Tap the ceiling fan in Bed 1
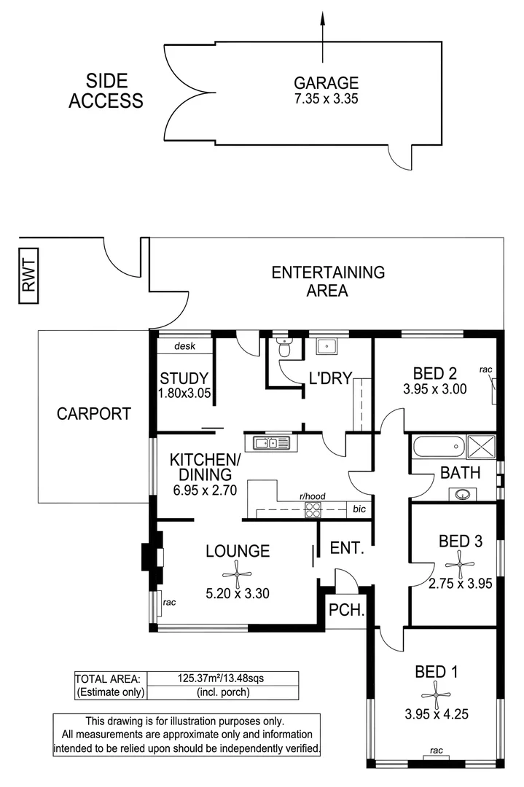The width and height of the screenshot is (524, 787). tap(436, 693)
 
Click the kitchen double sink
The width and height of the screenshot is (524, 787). tap(271, 442)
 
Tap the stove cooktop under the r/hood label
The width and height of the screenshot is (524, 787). tap(313, 510)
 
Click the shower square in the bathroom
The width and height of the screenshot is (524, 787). tap(481, 445)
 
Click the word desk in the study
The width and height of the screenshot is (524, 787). tap(184, 347)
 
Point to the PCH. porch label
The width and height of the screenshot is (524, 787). tap(346, 610)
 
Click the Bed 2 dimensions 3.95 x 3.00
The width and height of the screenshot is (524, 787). tap(434, 390)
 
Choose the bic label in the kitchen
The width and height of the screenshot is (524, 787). tap(358, 509)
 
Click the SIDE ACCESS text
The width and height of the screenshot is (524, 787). tap(106, 91)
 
